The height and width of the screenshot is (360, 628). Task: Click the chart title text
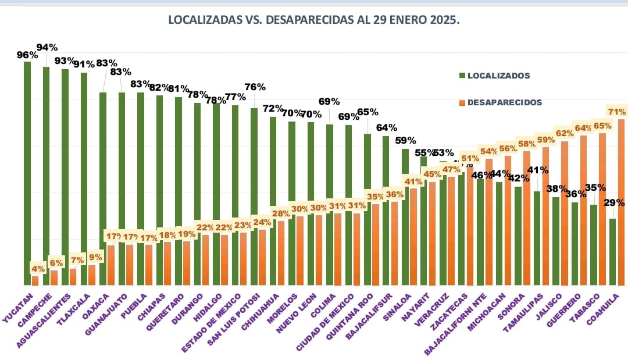(x=314, y=20)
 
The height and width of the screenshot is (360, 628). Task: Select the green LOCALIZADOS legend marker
(x=462, y=76)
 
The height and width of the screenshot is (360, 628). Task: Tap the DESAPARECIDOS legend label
(x=504, y=102)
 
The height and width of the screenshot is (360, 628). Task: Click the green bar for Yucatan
(x=27, y=174)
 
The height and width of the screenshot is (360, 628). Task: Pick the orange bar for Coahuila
(x=621, y=204)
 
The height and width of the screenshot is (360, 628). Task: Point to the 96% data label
(x=27, y=55)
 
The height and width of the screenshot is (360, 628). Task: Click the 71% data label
(x=616, y=112)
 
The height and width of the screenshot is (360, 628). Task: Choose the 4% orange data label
(x=38, y=269)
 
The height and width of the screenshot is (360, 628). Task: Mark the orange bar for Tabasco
(x=602, y=209)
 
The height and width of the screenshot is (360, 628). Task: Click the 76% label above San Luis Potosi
(x=255, y=87)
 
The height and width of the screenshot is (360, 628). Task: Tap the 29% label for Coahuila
(x=614, y=203)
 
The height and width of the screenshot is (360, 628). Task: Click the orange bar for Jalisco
(x=564, y=215)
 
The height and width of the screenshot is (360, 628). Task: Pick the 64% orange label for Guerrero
(x=582, y=128)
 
